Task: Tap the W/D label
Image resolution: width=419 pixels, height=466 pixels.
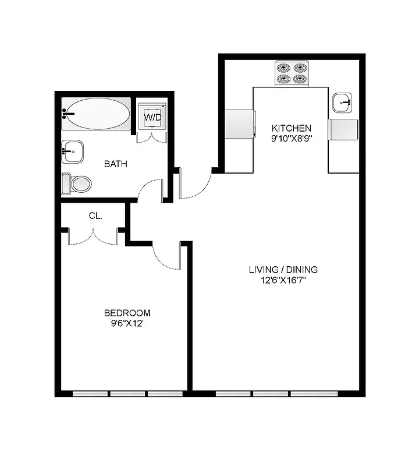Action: click(152, 117)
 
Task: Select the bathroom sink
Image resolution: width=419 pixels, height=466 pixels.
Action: click(72, 153)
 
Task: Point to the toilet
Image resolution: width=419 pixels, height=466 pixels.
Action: click(77, 184)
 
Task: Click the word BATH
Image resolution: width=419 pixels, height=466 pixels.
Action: click(115, 164)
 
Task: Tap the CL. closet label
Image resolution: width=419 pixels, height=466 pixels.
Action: click(95, 216)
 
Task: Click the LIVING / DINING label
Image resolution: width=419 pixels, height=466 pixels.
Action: click(283, 270)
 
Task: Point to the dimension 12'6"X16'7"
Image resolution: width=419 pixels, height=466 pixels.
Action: click(283, 280)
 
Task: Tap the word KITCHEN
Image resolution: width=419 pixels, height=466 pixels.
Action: click(292, 128)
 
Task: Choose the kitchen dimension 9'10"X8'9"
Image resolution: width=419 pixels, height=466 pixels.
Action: click(292, 139)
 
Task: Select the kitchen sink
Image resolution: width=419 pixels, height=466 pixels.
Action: click(343, 103)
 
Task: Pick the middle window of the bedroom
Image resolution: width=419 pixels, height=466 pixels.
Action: click(128, 394)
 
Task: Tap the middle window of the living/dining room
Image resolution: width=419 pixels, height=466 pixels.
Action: click(271, 394)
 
